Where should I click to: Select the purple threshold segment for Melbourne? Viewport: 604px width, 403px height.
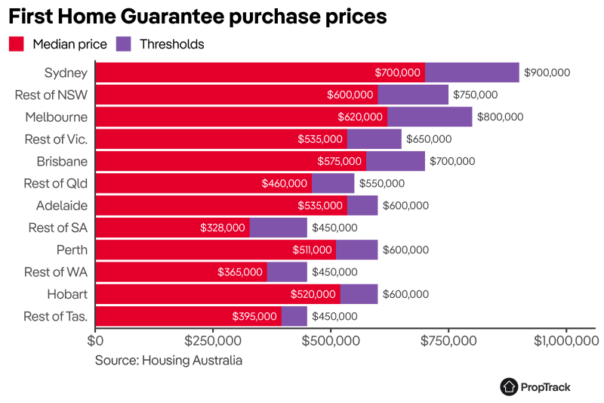click(430, 117)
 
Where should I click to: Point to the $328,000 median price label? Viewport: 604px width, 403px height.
click(223, 228)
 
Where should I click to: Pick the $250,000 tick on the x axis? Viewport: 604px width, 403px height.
click(213, 341)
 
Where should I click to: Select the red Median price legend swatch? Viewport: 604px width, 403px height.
click(17, 44)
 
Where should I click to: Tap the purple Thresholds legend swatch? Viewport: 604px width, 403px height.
click(124, 44)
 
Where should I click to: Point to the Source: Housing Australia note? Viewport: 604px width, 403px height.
click(168, 361)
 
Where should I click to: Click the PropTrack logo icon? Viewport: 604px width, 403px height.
click(509, 386)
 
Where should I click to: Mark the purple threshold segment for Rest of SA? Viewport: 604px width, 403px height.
click(279, 228)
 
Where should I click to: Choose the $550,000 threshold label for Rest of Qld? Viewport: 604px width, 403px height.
click(382, 184)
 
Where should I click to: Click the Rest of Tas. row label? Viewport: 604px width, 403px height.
click(56, 316)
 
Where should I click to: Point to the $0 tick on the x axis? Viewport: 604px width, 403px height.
click(95, 341)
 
